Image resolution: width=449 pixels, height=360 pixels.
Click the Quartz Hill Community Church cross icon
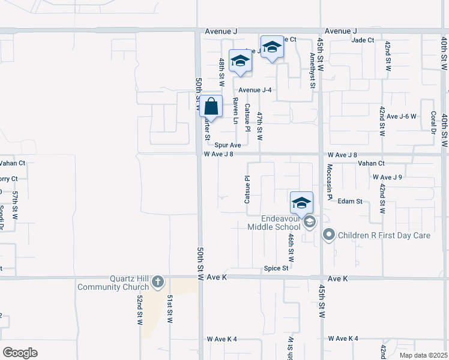coord(158,281)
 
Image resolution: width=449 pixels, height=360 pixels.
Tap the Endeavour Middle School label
coord(274,223)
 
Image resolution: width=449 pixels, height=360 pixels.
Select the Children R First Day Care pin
coord(328,235)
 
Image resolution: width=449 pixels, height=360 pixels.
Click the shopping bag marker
coord(211,107)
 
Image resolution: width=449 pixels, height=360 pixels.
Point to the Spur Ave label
coord(228,145)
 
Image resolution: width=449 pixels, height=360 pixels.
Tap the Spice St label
coord(276,268)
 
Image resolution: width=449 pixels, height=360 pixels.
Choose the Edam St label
coord(351,202)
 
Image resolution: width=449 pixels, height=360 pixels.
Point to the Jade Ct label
coord(363,40)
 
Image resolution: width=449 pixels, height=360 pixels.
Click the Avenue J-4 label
coord(255,90)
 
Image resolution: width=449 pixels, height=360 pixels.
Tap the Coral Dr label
coord(433,123)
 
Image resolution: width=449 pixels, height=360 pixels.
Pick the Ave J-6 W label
coord(402,116)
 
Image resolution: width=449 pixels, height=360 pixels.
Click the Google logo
coord(20,352)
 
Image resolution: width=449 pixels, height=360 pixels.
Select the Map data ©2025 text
coord(423,355)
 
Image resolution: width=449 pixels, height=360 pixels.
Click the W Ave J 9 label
coord(387,177)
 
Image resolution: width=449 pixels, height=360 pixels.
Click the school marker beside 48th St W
coord(240,61)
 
